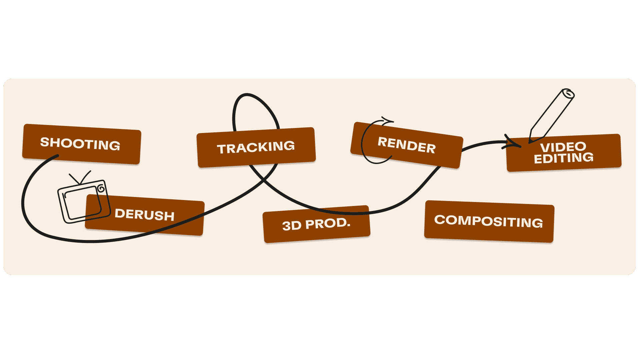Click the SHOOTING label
(x=80, y=144)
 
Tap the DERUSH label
(x=144, y=215)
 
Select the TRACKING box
(x=256, y=147)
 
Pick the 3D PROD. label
(x=316, y=224)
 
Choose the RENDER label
(x=406, y=145)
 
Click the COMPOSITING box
(x=489, y=221)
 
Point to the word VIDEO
(x=563, y=147)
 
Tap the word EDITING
(x=564, y=158)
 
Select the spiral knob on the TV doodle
(x=101, y=189)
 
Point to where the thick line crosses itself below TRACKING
(x=263, y=180)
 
